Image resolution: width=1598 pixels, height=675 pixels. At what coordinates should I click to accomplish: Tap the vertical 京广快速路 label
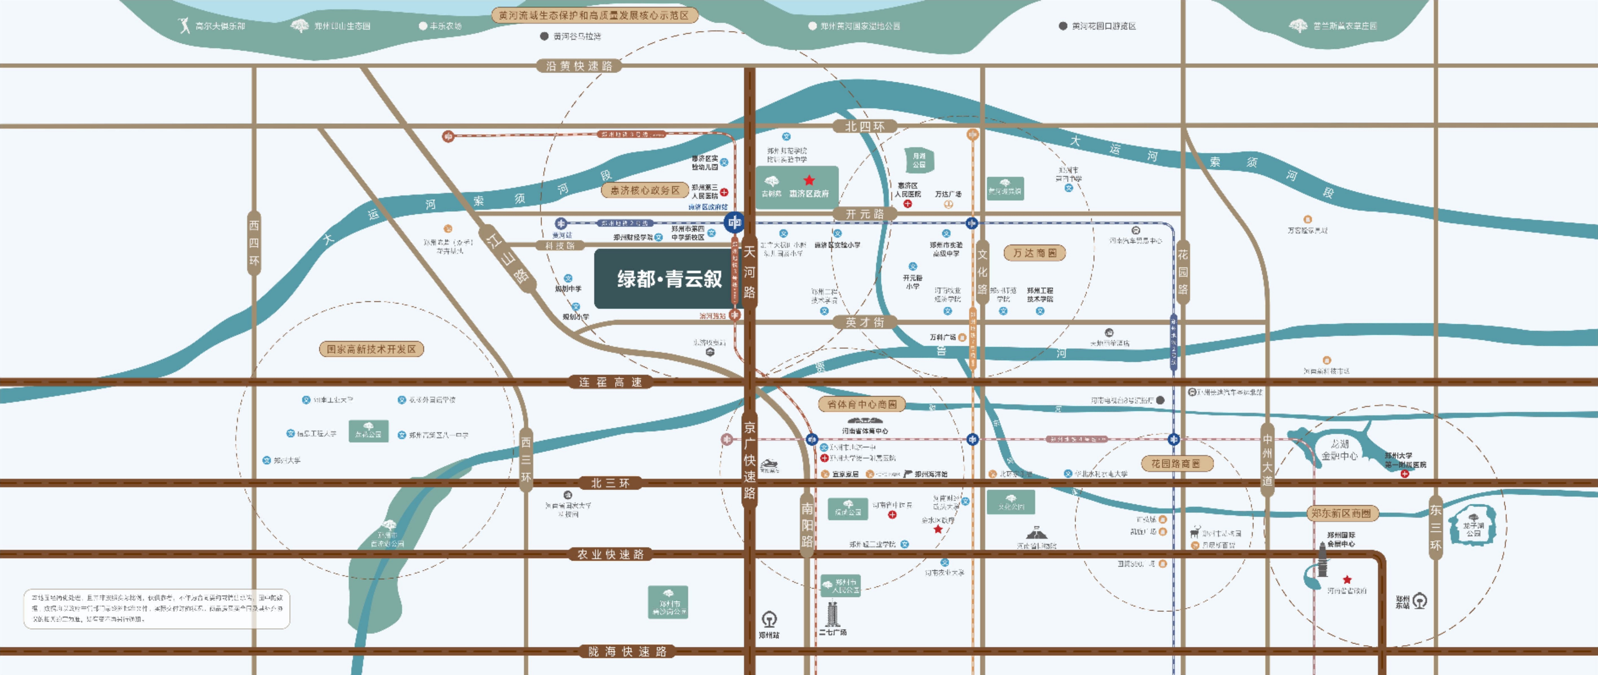[749, 460]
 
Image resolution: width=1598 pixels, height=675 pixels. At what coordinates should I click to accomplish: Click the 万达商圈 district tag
[1034, 253]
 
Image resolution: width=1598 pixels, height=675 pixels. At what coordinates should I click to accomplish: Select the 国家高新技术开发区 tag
[371, 349]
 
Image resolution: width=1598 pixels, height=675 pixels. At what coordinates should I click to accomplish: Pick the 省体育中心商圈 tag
[862, 404]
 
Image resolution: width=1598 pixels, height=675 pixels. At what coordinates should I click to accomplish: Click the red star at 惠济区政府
[809, 180]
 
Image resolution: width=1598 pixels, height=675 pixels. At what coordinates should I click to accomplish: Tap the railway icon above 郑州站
[769, 619]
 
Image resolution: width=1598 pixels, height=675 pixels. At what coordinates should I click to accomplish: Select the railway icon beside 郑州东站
[1420, 601]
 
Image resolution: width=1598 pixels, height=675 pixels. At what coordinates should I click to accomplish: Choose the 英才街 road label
[864, 322]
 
